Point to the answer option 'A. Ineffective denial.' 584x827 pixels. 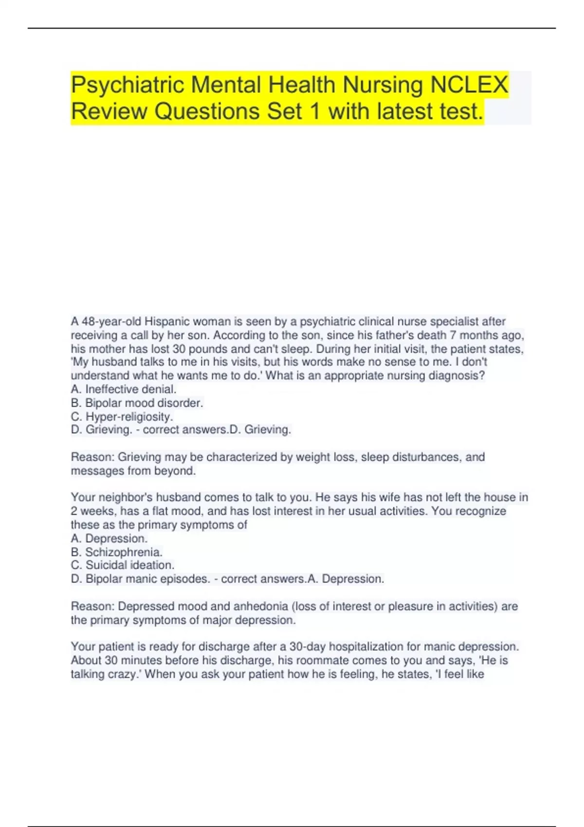124,389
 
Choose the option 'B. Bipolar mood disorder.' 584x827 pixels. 137,403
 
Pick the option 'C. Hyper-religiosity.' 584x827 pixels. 122,416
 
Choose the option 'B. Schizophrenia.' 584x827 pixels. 117,552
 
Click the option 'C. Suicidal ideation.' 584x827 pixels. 123,565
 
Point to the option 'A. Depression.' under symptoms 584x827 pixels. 109,539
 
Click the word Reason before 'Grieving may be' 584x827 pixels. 92,457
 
